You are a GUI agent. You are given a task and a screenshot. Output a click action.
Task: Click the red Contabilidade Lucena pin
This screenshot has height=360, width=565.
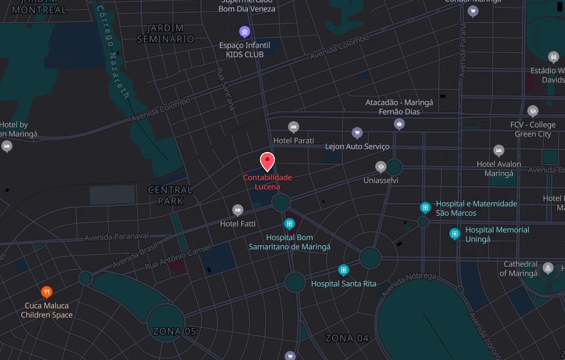(267, 161)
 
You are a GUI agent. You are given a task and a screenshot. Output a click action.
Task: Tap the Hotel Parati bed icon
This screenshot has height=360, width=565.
(293, 127)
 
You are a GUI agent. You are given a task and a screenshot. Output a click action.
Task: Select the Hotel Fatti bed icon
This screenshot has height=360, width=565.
(237, 210)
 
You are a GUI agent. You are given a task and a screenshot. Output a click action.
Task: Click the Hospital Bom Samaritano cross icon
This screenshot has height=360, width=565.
(290, 224)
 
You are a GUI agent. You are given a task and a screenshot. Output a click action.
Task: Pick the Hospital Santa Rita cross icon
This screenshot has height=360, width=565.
(344, 270)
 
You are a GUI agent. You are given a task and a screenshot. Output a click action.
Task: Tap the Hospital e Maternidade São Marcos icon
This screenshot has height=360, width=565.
(425, 207)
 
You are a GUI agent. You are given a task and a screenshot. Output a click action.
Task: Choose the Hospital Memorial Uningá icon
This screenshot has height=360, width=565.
(454, 233)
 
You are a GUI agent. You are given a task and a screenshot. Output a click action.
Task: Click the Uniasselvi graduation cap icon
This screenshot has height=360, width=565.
(380, 167)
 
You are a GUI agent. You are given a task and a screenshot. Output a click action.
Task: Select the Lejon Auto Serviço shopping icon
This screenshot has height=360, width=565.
(357, 133)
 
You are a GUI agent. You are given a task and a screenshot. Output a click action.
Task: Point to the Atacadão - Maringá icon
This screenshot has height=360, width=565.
(400, 124)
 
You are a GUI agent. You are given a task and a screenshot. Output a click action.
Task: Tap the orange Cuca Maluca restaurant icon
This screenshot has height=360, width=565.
(46, 292)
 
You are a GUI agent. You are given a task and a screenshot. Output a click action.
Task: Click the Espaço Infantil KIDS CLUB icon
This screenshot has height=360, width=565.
(244, 32)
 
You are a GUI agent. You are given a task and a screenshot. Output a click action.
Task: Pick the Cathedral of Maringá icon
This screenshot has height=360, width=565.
(548, 268)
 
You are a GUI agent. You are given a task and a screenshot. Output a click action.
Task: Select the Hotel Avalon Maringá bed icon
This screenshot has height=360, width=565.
(499, 151)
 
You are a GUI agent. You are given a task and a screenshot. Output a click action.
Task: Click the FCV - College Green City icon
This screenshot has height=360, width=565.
(532, 111)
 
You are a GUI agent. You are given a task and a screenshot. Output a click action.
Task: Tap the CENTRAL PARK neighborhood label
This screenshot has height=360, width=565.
(171, 195)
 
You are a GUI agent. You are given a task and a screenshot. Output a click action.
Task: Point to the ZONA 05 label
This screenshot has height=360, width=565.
(174, 332)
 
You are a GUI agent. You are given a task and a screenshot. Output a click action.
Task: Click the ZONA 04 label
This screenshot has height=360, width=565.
(347, 338)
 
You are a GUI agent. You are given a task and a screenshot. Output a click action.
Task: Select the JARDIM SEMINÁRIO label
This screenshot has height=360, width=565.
(165, 33)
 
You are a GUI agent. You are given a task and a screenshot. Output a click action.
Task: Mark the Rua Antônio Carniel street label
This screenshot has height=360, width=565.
(178, 256)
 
